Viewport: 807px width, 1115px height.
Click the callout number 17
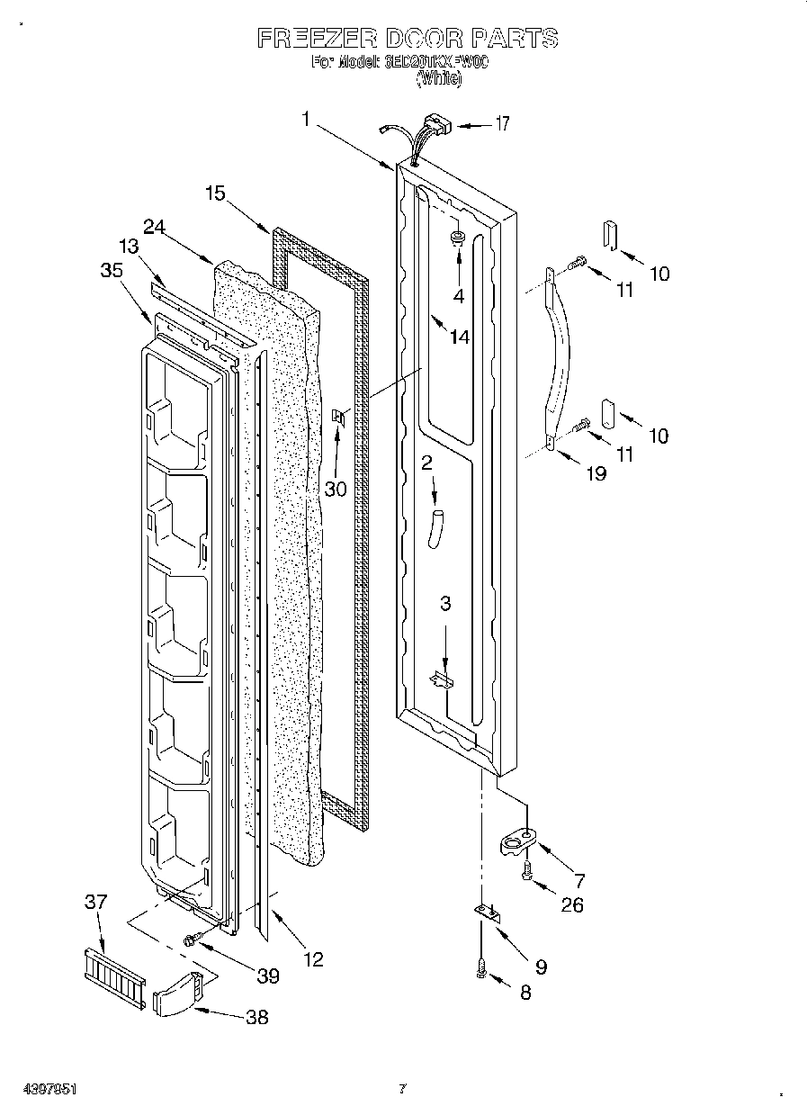click(x=502, y=124)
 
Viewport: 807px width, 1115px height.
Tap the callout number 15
click(x=215, y=192)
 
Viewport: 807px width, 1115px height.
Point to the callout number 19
click(x=596, y=473)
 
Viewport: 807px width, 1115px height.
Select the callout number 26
click(x=571, y=904)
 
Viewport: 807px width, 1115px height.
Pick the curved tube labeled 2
click(x=436, y=526)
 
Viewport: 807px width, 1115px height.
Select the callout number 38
click(x=256, y=1019)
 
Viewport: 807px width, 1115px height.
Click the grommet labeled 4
click(x=458, y=238)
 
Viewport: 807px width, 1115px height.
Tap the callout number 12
click(x=312, y=959)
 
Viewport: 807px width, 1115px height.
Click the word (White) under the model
click(x=438, y=79)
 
